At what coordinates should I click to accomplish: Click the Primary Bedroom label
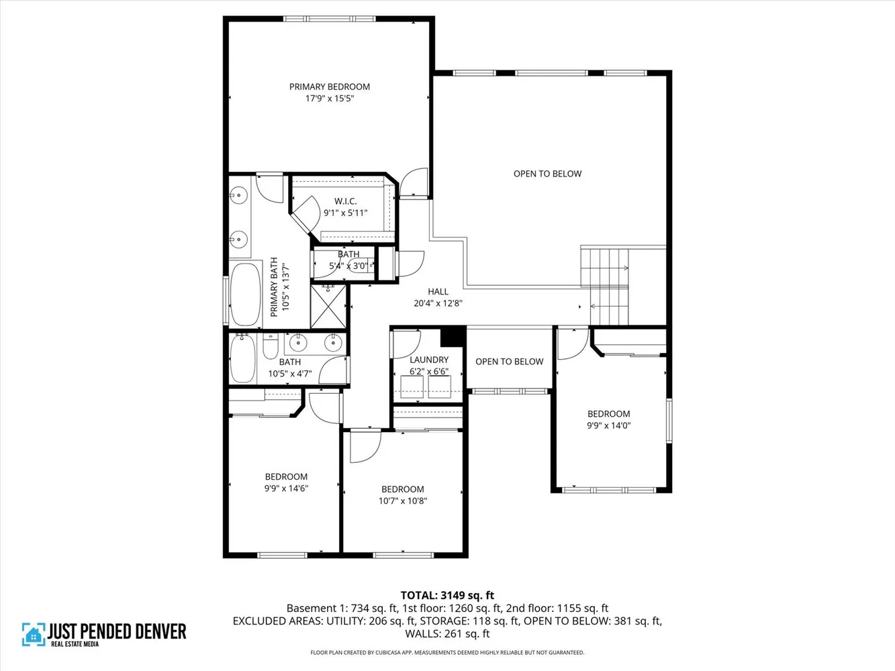point(329,87)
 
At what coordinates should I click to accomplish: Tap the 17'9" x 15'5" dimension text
point(329,99)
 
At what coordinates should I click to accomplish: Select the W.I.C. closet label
point(345,201)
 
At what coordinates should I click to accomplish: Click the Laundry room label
point(429,360)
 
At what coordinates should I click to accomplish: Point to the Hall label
point(438,291)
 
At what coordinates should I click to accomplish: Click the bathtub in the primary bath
point(246,293)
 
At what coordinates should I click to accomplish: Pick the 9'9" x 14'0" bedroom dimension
point(608,425)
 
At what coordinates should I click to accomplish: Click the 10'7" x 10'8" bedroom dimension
point(403,501)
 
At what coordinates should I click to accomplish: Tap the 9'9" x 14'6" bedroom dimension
point(286,488)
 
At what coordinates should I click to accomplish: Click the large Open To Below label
point(547,174)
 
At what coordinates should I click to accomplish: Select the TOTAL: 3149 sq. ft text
point(447,595)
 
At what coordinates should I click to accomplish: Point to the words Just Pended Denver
point(117,631)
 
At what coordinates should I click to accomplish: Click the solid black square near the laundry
point(453,336)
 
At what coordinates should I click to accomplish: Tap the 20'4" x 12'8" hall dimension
point(438,303)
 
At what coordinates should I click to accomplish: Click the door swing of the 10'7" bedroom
point(365,446)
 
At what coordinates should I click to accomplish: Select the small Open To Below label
point(509,362)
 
